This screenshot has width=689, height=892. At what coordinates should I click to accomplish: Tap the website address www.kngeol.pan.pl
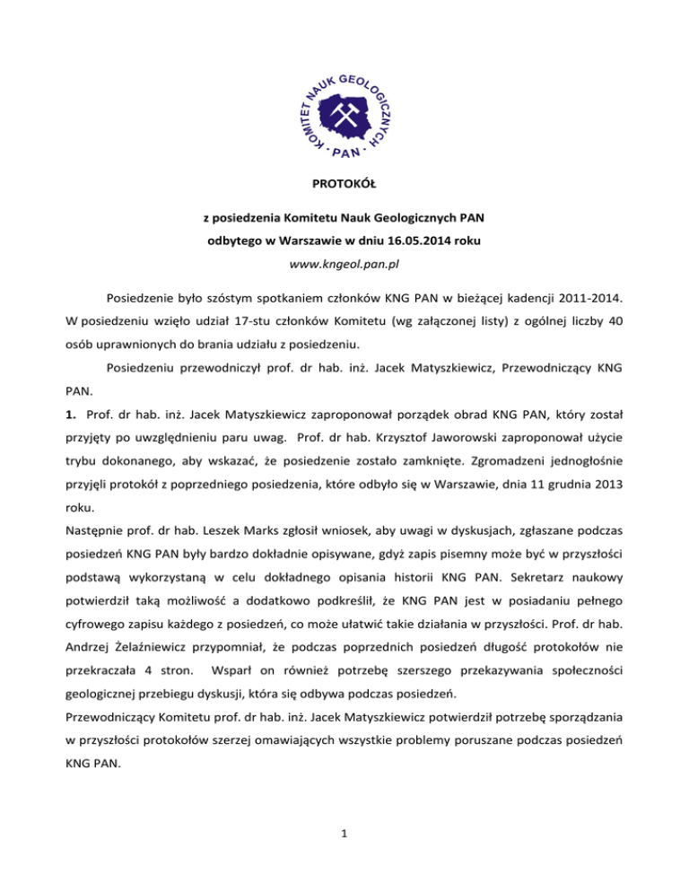pyautogui.click(x=344, y=267)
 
